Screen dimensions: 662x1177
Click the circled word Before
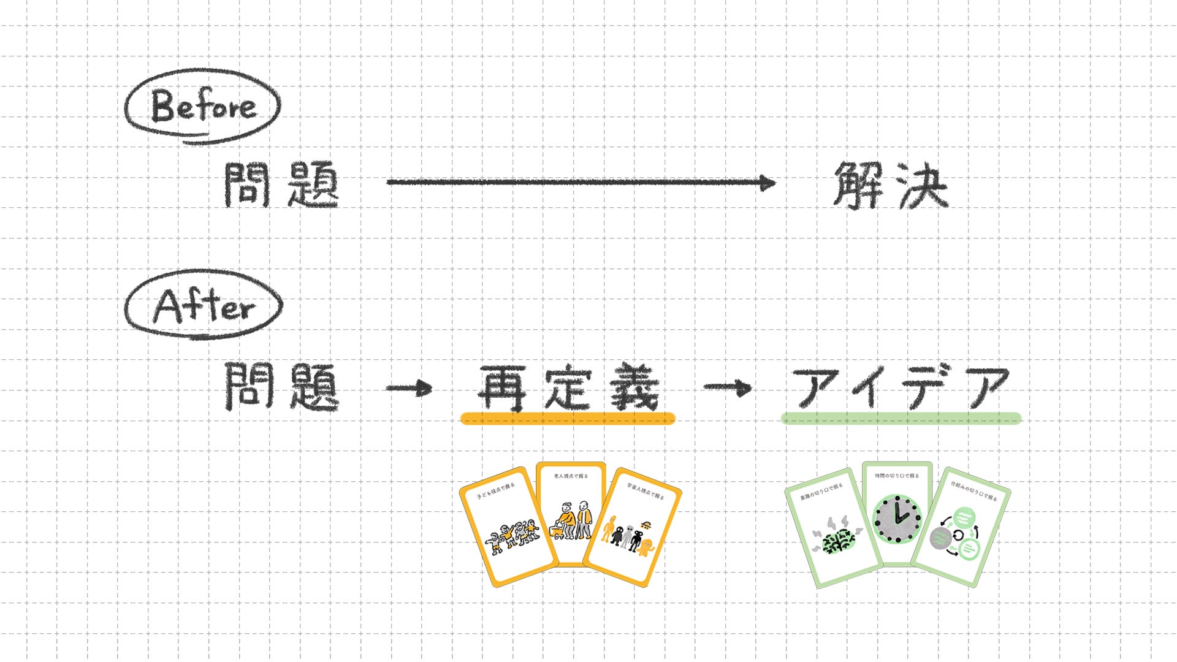(203, 107)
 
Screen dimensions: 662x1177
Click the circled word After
(203, 306)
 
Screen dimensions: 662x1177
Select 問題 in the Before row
(281, 184)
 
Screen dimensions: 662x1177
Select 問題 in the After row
(281, 386)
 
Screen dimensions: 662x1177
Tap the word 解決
(889, 185)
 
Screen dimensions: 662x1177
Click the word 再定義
(568, 387)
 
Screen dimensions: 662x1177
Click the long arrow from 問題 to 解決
(579, 182)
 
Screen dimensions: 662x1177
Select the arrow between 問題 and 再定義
(409, 388)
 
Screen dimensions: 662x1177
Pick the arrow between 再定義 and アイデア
(728, 387)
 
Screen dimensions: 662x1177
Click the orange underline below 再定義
(568, 419)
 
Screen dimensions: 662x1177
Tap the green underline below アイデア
(901, 419)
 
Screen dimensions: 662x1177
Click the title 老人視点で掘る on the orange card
(571, 476)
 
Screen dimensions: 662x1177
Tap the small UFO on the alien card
(644, 525)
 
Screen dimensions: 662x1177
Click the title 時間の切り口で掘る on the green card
(897, 476)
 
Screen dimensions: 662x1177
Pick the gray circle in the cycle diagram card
(940, 539)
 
